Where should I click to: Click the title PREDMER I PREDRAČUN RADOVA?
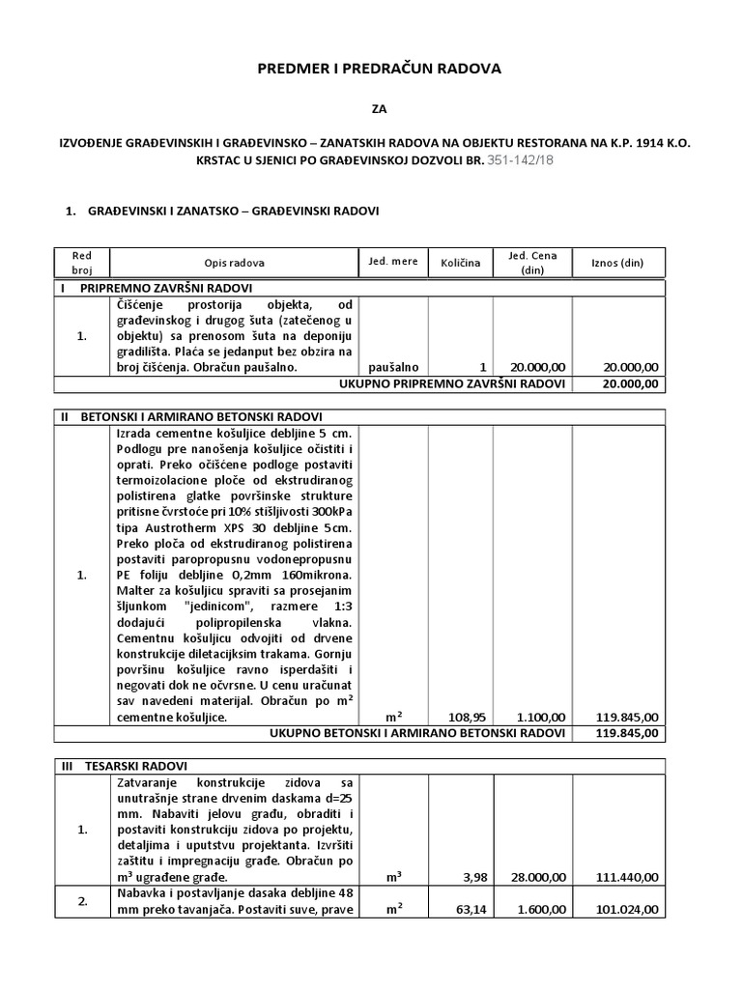point(379,70)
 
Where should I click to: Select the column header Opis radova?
point(234,263)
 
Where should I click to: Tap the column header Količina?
point(460,263)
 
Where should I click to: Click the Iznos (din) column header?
point(618,263)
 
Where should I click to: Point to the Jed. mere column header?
point(392,262)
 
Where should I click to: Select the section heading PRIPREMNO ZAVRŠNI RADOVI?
point(166,289)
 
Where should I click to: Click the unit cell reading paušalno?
point(393,368)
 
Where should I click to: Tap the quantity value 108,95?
point(465,718)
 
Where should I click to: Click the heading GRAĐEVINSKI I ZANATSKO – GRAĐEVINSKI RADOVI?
point(234,210)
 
